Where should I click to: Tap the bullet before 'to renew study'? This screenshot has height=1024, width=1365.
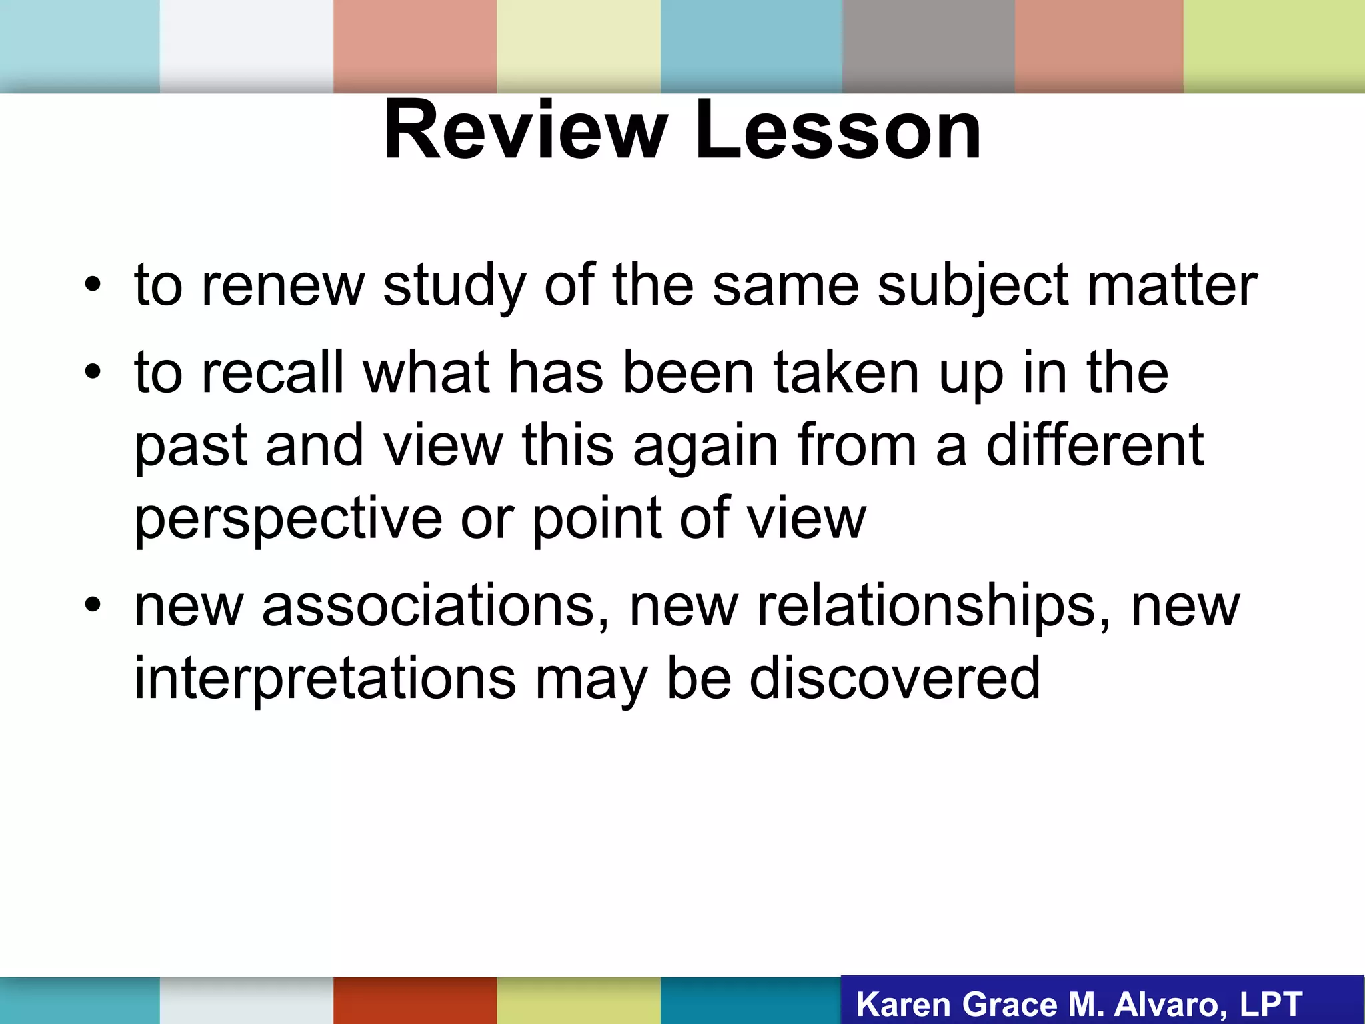click(x=93, y=285)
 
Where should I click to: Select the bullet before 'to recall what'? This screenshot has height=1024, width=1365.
click(x=93, y=372)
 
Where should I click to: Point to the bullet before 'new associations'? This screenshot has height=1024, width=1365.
click(x=93, y=605)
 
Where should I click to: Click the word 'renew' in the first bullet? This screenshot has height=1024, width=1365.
click(x=283, y=285)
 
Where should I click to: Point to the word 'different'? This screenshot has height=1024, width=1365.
click(x=1094, y=445)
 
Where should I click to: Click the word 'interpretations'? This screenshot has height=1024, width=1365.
click(x=325, y=679)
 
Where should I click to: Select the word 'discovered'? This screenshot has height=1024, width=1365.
click(x=894, y=679)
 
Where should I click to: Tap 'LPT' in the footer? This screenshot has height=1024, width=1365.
click(x=1270, y=1004)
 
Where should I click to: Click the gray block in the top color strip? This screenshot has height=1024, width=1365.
click(x=928, y=45)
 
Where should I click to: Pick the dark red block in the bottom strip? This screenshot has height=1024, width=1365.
click(x=415, y=1000)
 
